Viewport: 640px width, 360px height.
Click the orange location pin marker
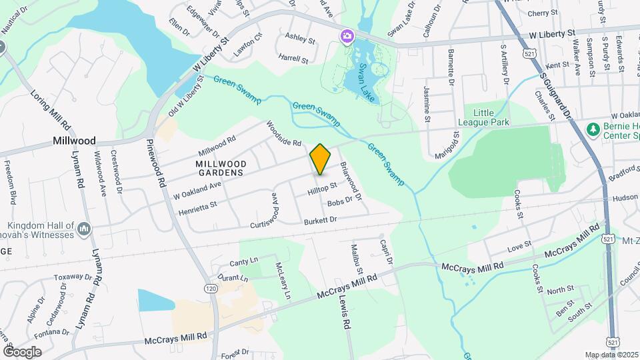[321, 159]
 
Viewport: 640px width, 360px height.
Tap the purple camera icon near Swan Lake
[347, 36]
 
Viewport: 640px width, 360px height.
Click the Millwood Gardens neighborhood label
[221, 168]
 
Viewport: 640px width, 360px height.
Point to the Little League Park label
[483, 117]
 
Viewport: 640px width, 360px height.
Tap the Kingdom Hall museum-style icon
[84, 230]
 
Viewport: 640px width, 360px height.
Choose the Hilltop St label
[322, 191]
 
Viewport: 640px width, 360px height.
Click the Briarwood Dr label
[351, 181]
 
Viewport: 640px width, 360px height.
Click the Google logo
[23, 351]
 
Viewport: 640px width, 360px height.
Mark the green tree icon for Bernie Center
[591, 128]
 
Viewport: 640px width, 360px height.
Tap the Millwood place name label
[75, 141]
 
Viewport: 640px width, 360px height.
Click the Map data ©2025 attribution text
[611, 355]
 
